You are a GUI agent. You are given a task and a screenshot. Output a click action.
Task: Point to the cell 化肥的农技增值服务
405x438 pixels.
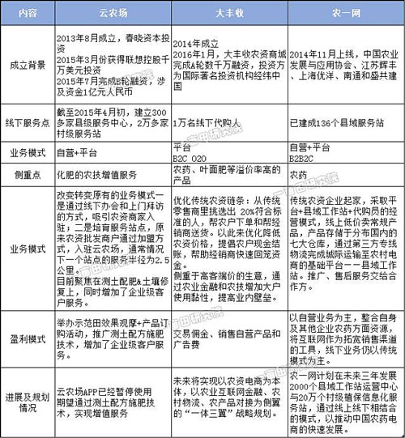(104, 174)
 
